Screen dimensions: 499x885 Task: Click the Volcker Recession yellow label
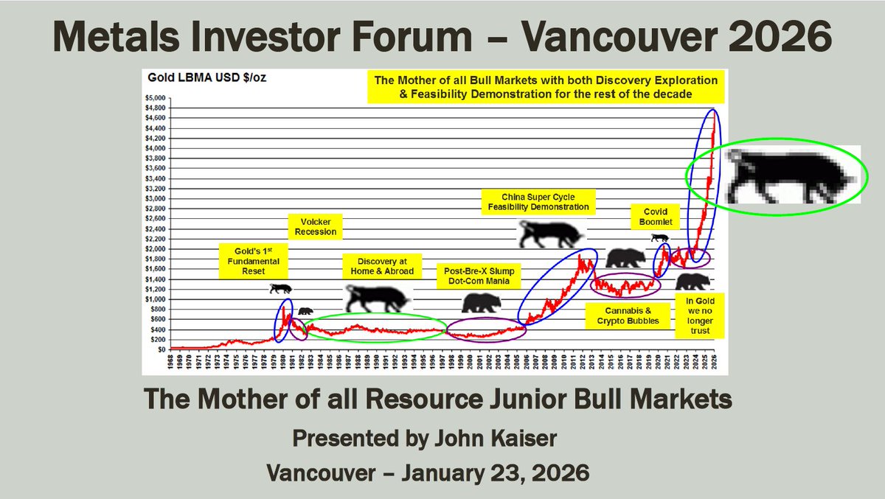point(317,226)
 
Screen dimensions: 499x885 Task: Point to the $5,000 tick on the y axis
point(156,97)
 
